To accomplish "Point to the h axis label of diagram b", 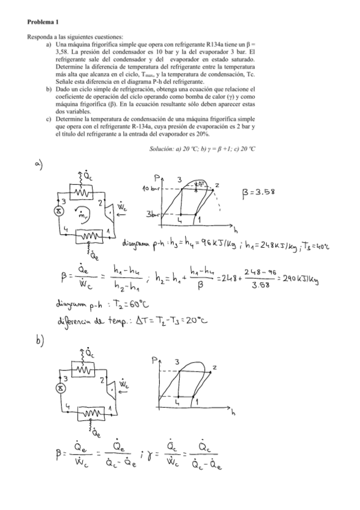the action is point(233,413).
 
